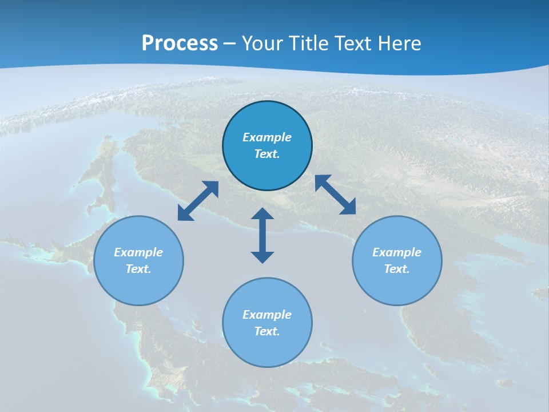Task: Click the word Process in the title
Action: click(x=180, y=43)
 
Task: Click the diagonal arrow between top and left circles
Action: click(x=198, y=201)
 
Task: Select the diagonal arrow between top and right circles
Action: click(x=335, y=195)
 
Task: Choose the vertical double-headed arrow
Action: click(x=262, y=235)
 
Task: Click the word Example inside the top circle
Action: click(x=267, y=137)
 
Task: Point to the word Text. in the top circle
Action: click(x=267, y=154)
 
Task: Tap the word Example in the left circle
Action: click(x=138, y=252)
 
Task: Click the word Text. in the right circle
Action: click(x=397, y=269)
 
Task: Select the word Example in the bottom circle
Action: click(x=267, y=315)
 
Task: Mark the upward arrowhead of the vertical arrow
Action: click(x=262, y=215)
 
